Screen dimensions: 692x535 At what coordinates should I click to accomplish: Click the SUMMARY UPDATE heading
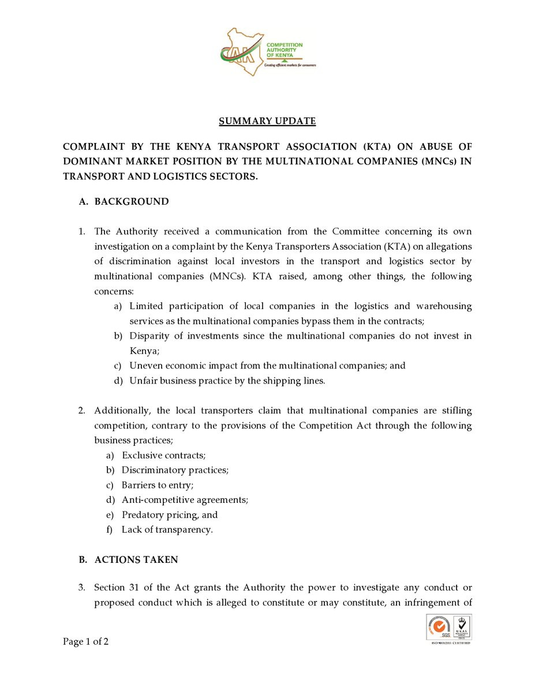[267, 121]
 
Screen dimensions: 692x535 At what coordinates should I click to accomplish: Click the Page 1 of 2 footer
[86, 642]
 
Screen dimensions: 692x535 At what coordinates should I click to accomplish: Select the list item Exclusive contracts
[163, 455]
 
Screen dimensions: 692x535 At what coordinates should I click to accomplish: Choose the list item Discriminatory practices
[175, 470]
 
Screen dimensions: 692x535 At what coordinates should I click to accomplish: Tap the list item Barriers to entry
[157, 485]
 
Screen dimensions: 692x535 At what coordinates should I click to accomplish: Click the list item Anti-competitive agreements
[185, 500]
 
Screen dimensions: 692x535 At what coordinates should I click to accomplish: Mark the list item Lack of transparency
[167, 530]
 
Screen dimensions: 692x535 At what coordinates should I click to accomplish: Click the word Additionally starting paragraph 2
[122, 411]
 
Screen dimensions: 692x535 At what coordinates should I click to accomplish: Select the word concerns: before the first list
[114, 291]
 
